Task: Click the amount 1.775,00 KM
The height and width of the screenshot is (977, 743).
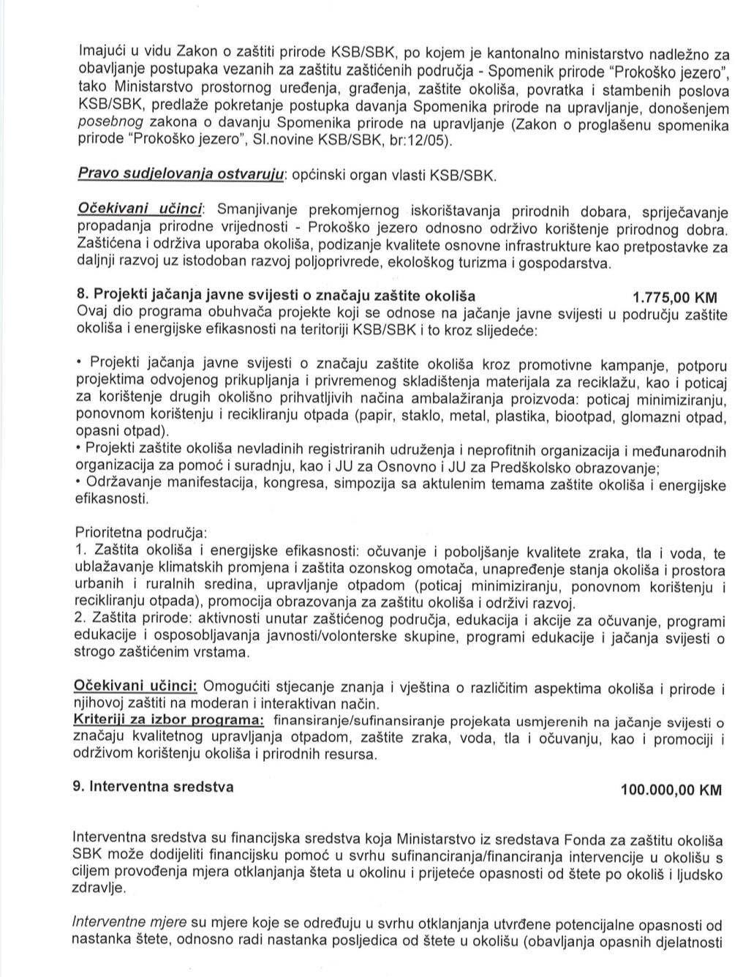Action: click(x=674, y=297)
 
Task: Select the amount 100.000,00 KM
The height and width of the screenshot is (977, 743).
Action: click(x=671, y=790)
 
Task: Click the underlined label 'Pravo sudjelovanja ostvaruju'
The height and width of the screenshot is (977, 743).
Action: click(x=180, y=176)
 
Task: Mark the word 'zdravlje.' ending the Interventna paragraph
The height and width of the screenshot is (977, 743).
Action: click(x=99, y=887)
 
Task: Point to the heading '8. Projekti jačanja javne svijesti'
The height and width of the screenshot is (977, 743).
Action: click(x=276, y=296)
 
